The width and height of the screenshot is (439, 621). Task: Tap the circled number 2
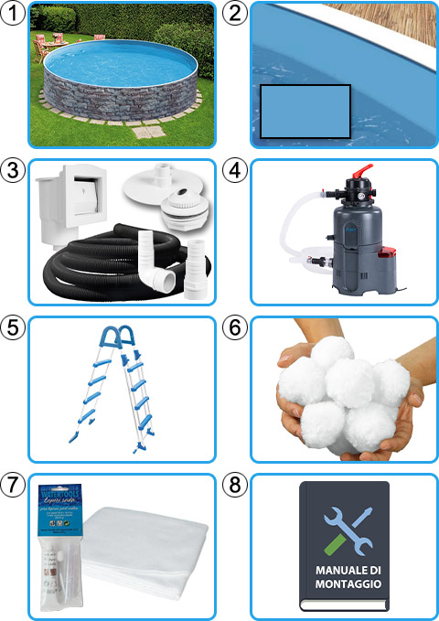235,13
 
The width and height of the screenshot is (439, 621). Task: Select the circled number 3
13,170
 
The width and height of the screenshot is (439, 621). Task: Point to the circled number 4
235,170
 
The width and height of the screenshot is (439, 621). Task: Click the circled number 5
13,327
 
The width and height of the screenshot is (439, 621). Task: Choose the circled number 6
235,327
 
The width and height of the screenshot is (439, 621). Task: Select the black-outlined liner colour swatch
305,112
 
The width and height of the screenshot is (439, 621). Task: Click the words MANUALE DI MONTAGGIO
344,583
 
